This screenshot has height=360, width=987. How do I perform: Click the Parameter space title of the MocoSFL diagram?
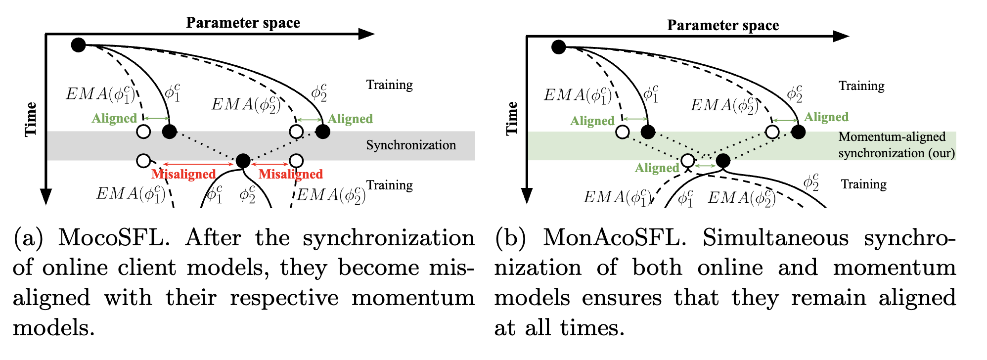click(243, 23)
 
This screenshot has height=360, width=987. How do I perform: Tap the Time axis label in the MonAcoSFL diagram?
click(512, 119)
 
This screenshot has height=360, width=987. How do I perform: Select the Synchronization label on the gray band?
click(411, 145)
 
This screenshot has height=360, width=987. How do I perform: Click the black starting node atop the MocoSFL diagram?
click(78, 45)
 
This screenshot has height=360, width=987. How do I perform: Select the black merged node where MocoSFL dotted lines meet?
click(243, 161)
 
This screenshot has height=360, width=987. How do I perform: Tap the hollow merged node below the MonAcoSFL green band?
click(687, 161)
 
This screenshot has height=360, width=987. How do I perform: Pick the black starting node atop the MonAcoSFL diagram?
click(559, 47)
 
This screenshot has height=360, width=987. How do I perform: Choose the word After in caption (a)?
click(213, 238)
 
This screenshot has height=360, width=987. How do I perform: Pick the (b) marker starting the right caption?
click(510, 238)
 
